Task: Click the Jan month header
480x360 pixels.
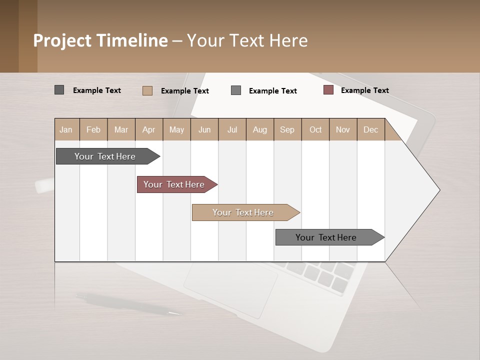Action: (66, 130)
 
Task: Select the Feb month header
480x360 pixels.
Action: (93, 130)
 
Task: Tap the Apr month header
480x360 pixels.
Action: (148, 130)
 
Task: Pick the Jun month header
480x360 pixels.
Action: (204, 130)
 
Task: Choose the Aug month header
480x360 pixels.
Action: (259, 130)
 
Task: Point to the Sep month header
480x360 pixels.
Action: (287, 130)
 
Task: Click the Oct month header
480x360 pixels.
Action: (315, 130)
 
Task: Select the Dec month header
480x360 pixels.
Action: (370, 130)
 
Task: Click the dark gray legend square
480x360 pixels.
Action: (59, 90)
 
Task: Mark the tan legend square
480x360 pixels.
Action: (147, 90)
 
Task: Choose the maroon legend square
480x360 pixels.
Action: (328, 90)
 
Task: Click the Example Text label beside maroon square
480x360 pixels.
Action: (364, 90)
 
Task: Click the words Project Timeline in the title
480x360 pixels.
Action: (100, 40)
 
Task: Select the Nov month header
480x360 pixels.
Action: (342, 130)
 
